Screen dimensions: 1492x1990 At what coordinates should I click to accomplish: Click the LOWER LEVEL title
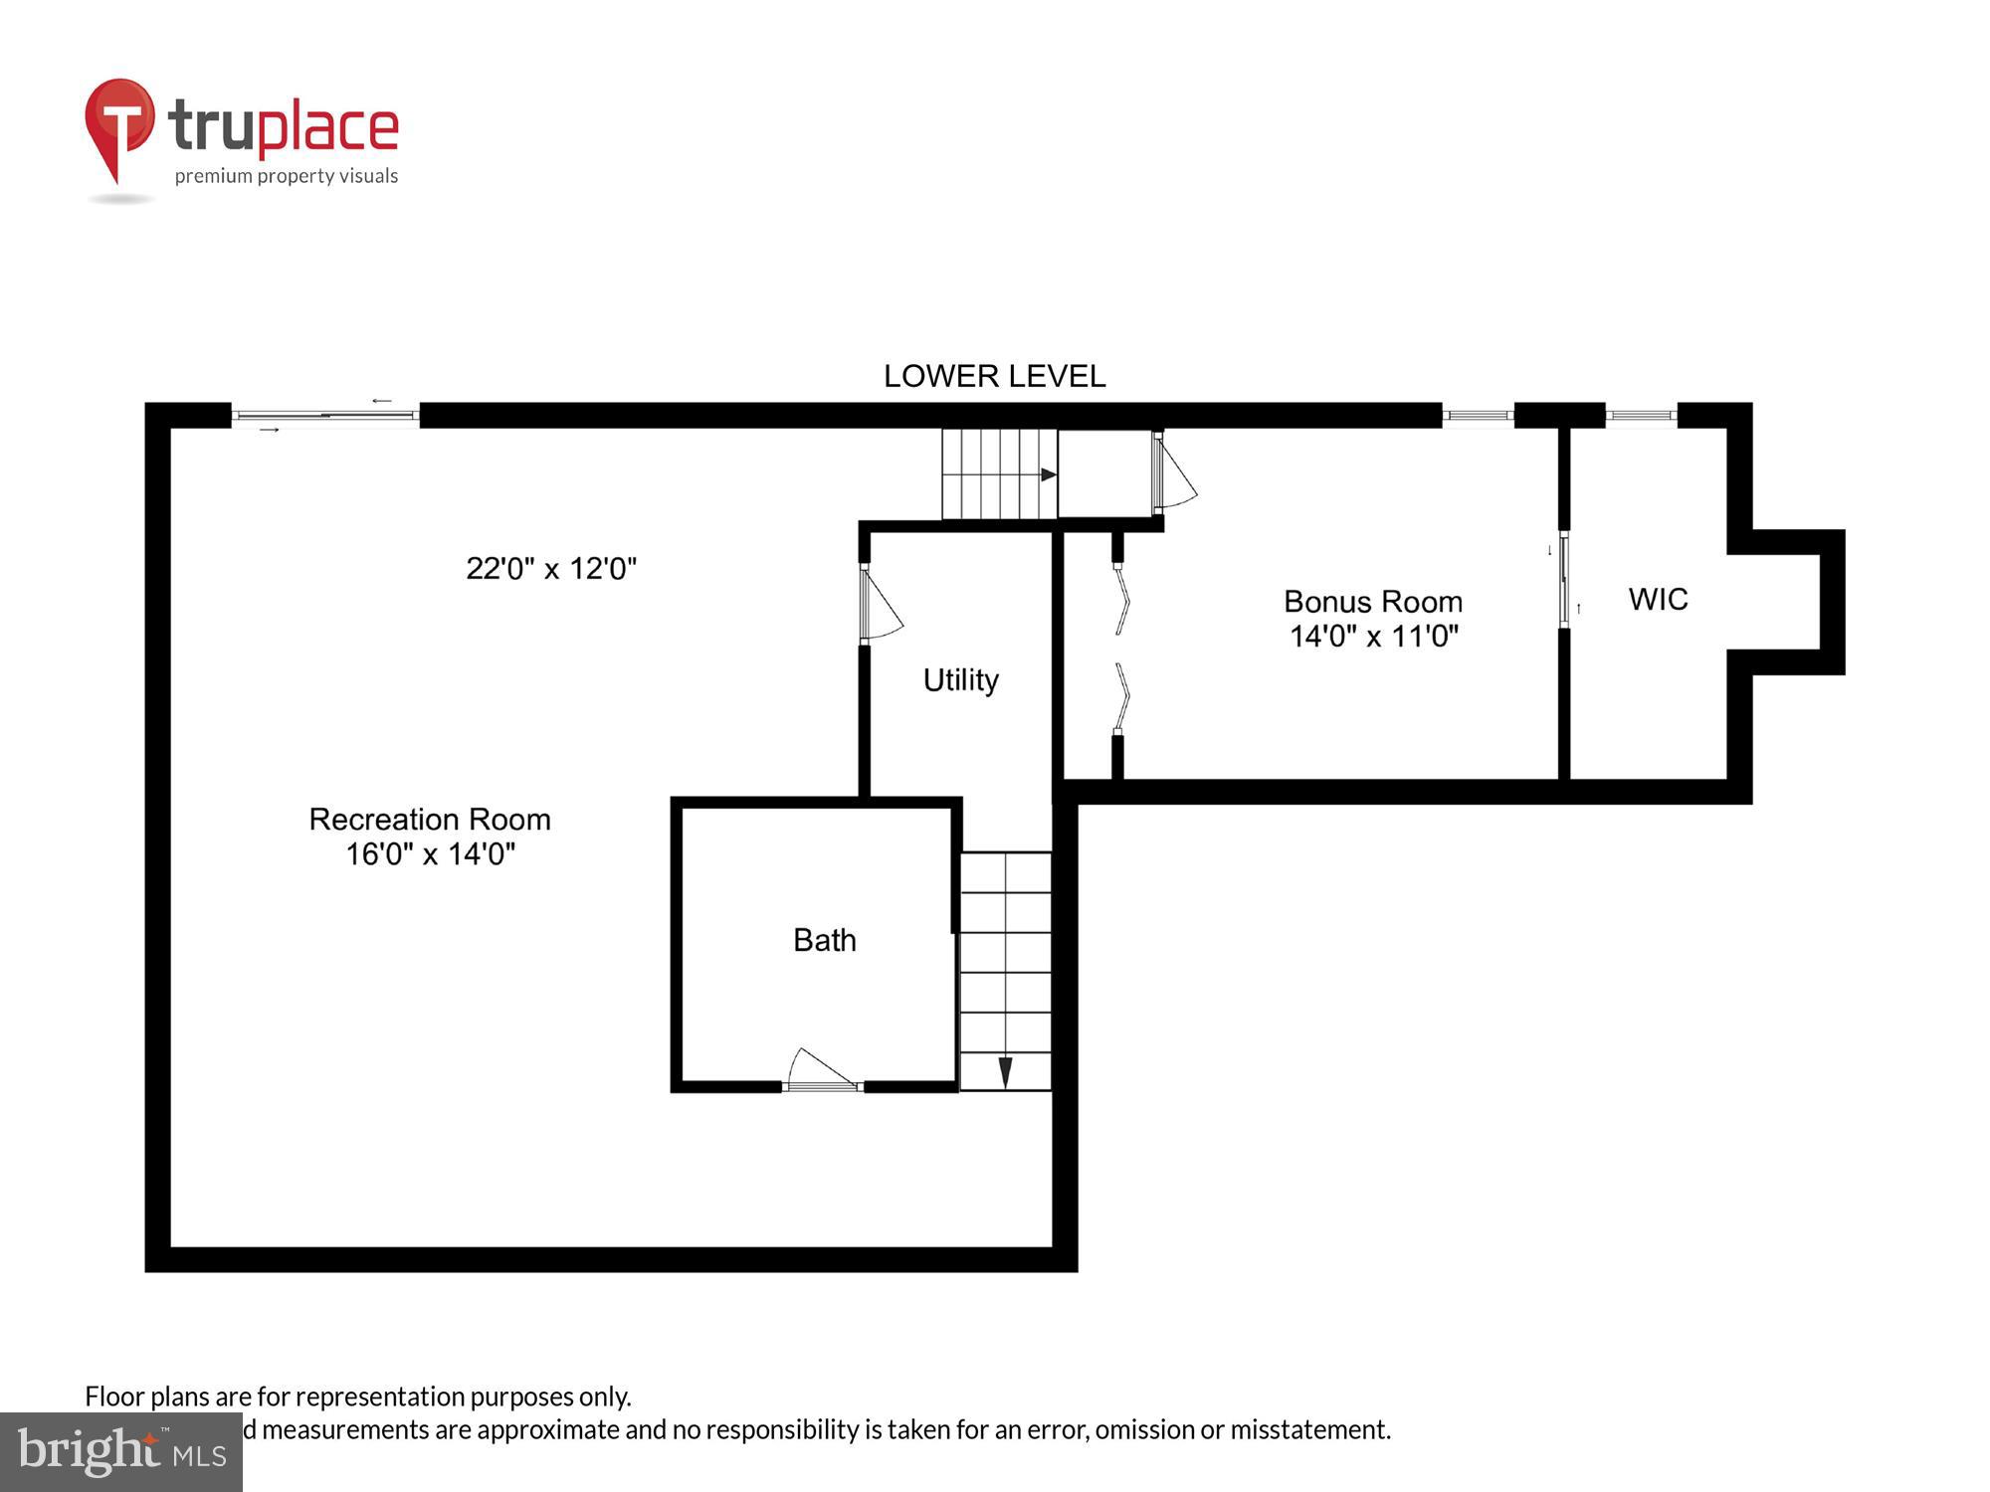point(994,376)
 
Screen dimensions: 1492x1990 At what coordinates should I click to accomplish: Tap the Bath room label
point(824,940)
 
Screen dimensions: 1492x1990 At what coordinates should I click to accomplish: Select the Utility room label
point(960,680)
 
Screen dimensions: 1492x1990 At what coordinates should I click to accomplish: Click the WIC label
point(1658,599)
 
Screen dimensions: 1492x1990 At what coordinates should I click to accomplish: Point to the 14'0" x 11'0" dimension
point(1373,637)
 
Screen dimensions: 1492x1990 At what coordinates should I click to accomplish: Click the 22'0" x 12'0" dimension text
point(551,569)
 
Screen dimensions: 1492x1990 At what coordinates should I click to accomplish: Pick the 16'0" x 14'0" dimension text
point(430,854)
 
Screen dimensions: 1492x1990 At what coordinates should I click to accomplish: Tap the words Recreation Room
point(430,820)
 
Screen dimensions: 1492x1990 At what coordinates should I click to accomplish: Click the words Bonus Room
point(1372,602)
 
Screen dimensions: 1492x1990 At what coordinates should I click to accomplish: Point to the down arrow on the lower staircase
point(1005,1071)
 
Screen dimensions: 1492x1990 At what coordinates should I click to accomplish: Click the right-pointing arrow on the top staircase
point(1048,474)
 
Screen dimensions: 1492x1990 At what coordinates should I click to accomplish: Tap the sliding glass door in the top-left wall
point(325,415)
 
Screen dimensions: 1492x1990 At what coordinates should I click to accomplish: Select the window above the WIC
point(1641,415)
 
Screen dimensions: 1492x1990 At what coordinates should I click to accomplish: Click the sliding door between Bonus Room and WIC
point(1564,580)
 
